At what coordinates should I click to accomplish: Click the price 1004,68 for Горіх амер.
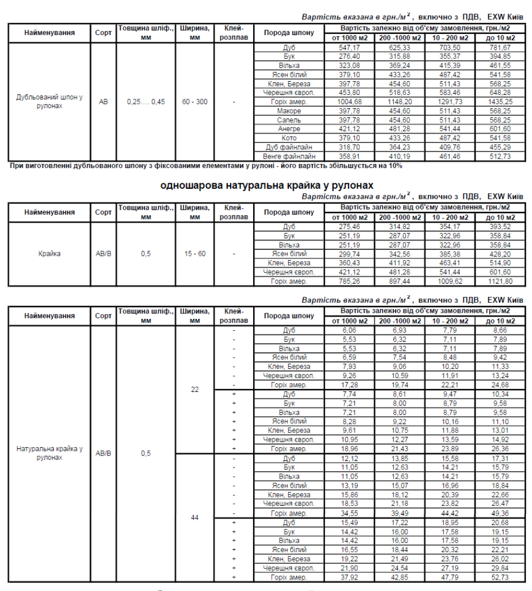coord(349,102)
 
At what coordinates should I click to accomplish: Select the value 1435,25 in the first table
coord(500,102)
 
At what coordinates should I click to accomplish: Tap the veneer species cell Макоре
coord(289,111)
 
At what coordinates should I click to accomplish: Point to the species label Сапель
coord(289,120)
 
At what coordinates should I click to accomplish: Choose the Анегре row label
coord(289,128)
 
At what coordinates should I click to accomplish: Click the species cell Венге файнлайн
coord(289,156)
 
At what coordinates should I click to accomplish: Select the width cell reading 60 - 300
coord(195,102)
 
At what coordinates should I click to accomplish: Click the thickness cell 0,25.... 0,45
coord(146,102)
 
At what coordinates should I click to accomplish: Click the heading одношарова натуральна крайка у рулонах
coord(267,185)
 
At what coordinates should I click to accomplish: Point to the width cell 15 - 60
coord(195,254)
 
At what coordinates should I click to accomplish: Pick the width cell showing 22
coord(195,389)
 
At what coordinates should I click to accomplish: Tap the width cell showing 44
coord(195,517)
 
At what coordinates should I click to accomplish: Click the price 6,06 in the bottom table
coord(349,331)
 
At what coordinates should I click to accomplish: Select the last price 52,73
coord(500,577)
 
